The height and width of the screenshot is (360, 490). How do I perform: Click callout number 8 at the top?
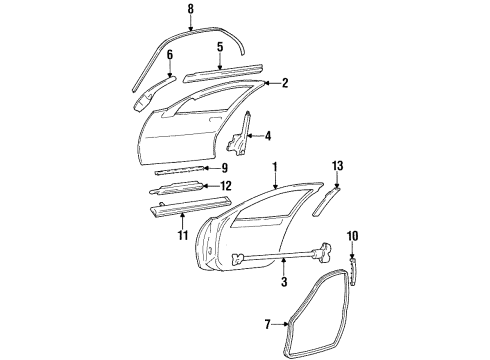coord(190,10)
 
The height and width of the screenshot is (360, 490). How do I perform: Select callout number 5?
coord(220,46)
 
